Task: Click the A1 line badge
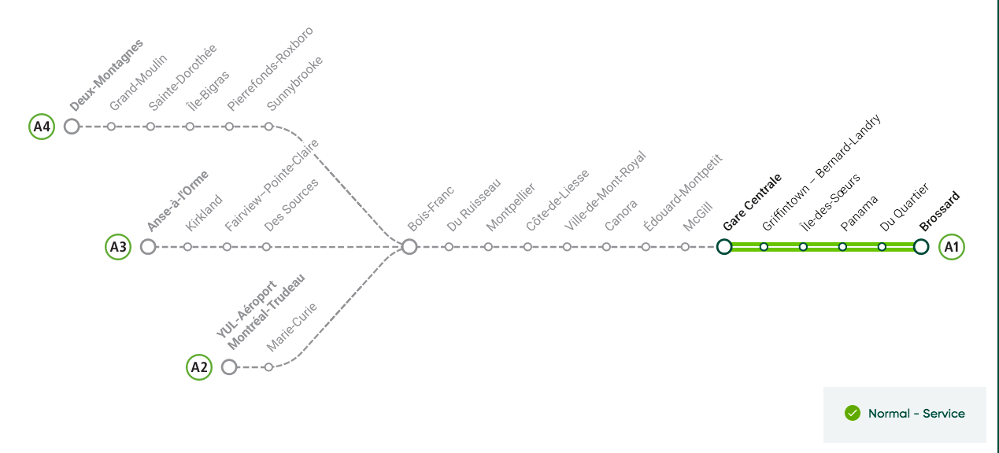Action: [x=952, y=247]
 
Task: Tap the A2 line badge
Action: [x=199, y=367]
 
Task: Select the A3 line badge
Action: [x=118, y=247]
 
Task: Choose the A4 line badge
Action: [x=42, y=126]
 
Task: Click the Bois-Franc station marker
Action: [x=409, y=247]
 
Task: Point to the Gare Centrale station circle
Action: [x=724, y=247]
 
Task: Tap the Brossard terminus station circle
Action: [x=921, y=247]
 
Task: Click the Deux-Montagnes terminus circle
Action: [x=72, y=126]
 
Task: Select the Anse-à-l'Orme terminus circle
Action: [x=147, y=247]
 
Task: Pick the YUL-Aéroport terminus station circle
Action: [x=229, y=367]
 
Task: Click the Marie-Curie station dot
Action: [x=268, y=367]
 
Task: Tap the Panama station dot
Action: [x=842, y=247]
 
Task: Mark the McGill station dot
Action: [x=685, y=247]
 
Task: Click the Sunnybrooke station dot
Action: [x=268, y=126]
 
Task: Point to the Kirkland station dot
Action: [x=187, y=247]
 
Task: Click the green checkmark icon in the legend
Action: [x=852, y=414]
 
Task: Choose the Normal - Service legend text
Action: [x=916, y=414]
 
